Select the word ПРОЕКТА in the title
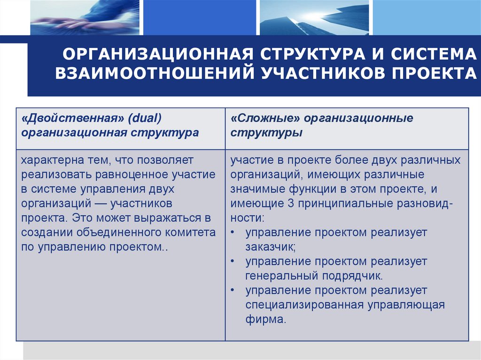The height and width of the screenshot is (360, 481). coord(433,74)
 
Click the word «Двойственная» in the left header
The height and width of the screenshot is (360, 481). coord(69,118)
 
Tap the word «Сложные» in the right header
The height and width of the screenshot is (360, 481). coord(265,118)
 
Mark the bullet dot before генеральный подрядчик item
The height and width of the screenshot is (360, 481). coord(234,261)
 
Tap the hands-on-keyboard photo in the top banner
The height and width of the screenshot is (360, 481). coord(85,17)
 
